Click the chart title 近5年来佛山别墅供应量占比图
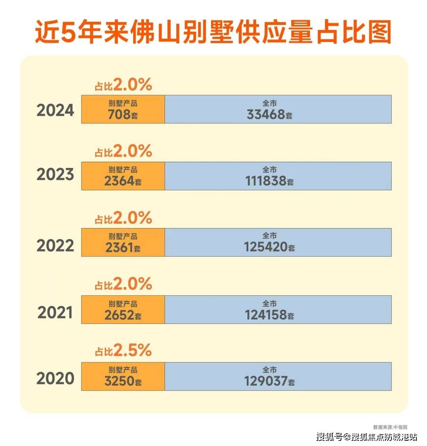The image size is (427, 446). click(x=213, y=32)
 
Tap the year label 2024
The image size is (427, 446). click(x=55, y=110)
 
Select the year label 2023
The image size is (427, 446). click(x=55, y=174)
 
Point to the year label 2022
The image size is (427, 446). click(x=55, y=246)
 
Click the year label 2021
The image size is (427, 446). click(x=55, y=313)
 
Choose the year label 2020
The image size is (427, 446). click(x=55, y=379)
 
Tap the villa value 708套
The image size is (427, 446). click(x=123, y=115)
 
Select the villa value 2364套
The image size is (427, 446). click(x=123, y=181)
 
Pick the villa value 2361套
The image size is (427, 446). click(x=123, y=248)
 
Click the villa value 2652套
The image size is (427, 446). click(x=123, y=316)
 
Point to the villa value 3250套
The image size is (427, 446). click(x=123, y=382)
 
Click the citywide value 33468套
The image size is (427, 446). click(x=269, y=115)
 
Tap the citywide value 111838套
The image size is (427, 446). click(x=269, y=181)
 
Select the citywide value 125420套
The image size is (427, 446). click(x=269, y=248)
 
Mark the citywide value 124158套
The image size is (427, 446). click(x=269, y=316)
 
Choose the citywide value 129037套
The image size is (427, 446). click(x=269, y=382)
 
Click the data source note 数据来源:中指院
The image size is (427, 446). click(x=390, y=427)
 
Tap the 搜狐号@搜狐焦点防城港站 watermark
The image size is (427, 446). click(x=367, y=437)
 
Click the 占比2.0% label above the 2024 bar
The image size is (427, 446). click(x=123, y=85)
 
